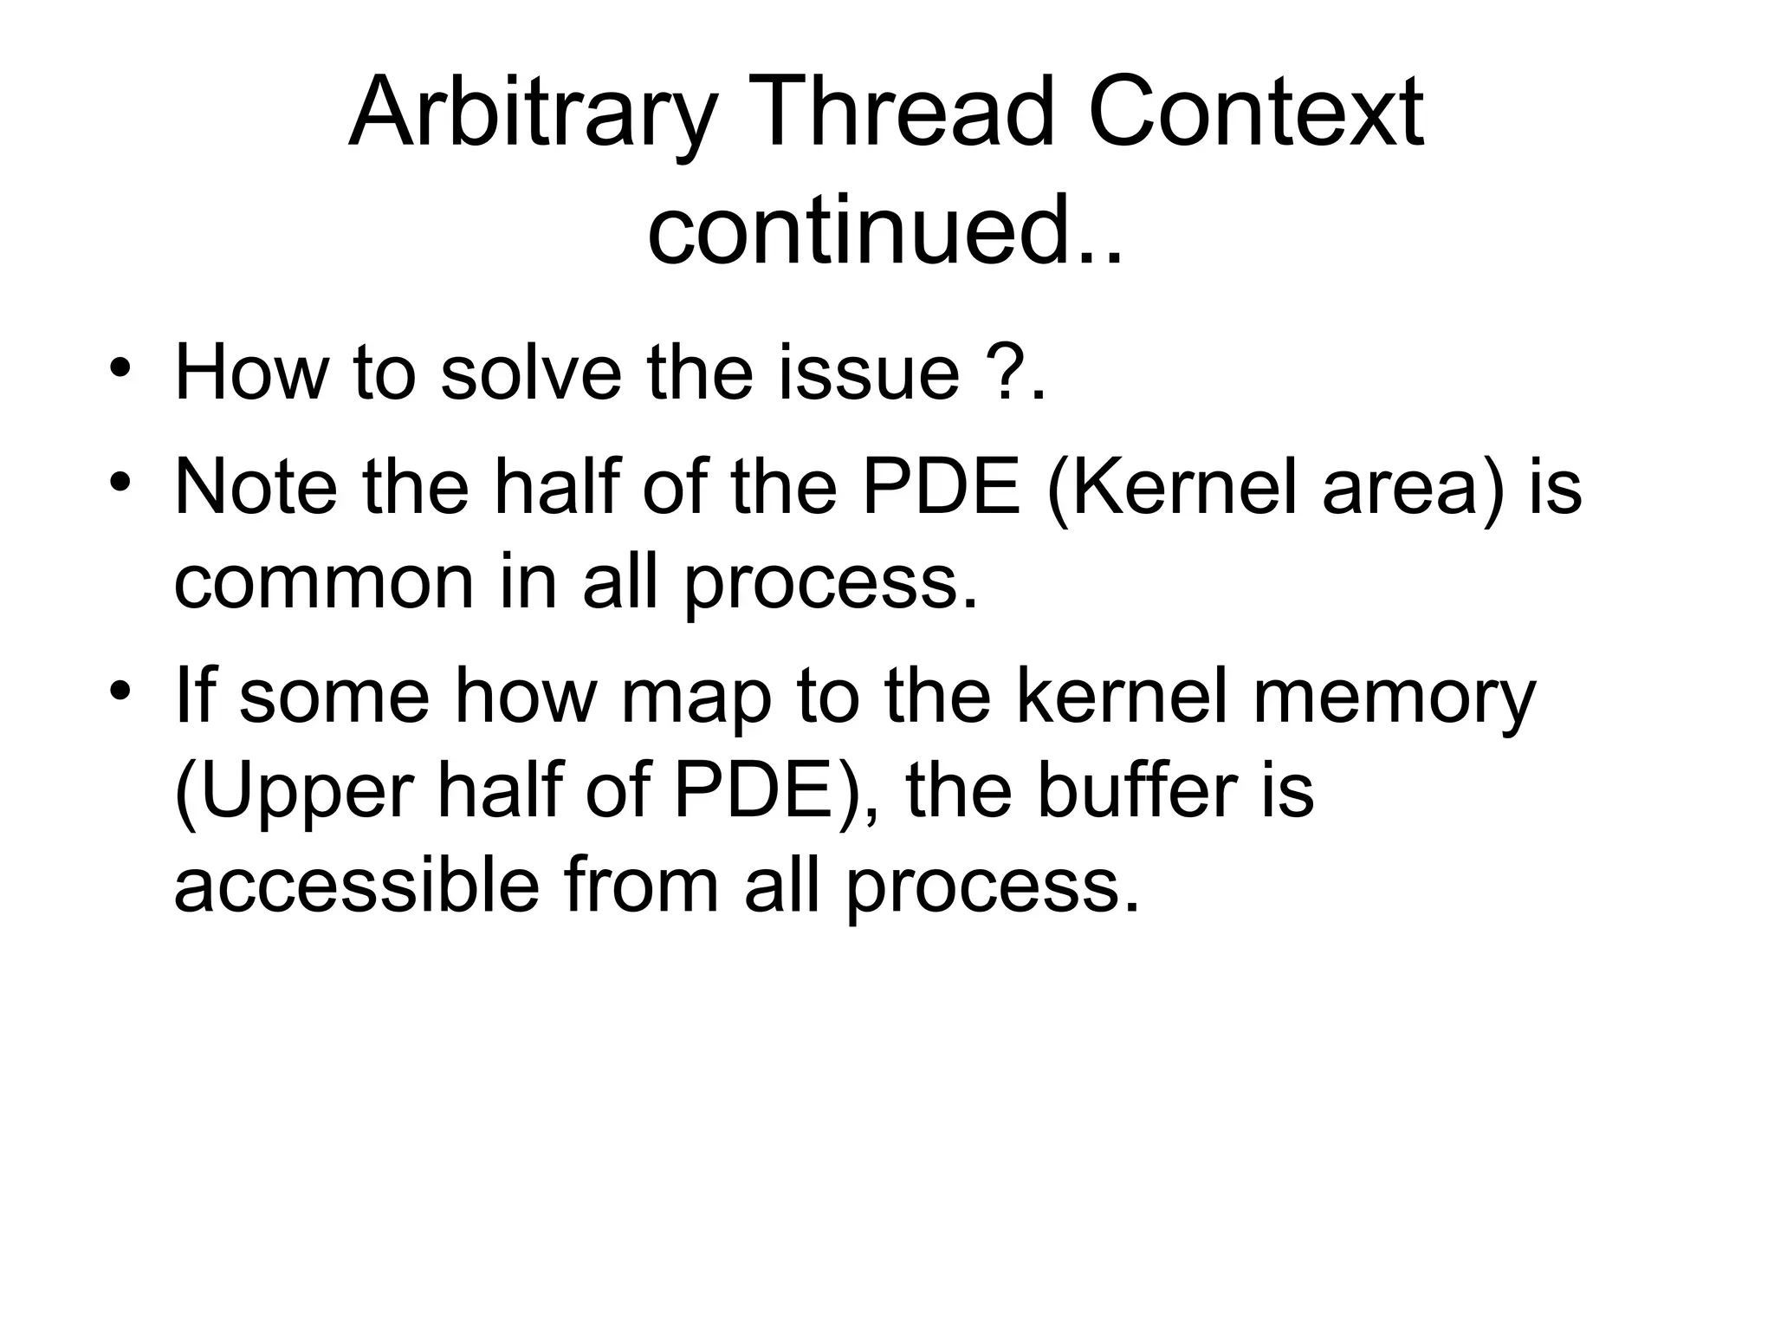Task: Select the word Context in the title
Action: (1255, 114)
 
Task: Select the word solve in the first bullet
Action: (530, 373)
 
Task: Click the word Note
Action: (256, 488)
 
